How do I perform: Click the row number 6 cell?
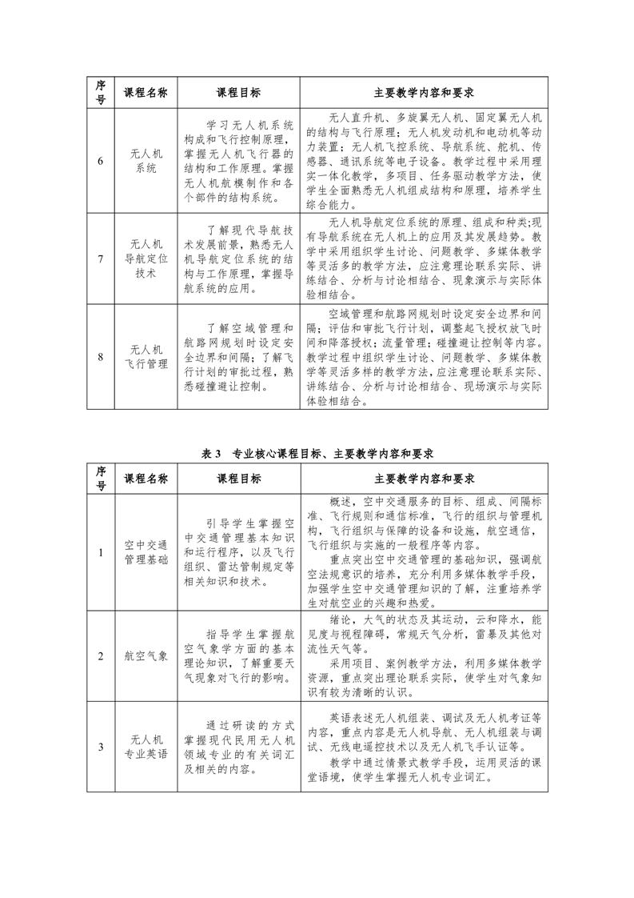[101, 161]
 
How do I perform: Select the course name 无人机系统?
[146, 161]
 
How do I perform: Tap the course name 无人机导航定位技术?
[146, 257]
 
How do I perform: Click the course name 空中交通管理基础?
[146, 552]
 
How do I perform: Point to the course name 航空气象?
[146, 656]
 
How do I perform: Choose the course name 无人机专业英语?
[146, 748]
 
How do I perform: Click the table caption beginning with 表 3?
[317, 453]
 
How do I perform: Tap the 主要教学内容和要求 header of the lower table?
[425, 479]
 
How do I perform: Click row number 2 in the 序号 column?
[101, 656]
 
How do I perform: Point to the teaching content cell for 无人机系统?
[425, 161]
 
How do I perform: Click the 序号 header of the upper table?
[101, 93]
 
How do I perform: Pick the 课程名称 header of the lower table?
[146, 479]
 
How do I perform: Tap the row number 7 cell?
[101, 257]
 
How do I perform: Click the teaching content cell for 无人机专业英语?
[425, 748]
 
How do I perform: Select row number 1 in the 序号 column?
[101, 552]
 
